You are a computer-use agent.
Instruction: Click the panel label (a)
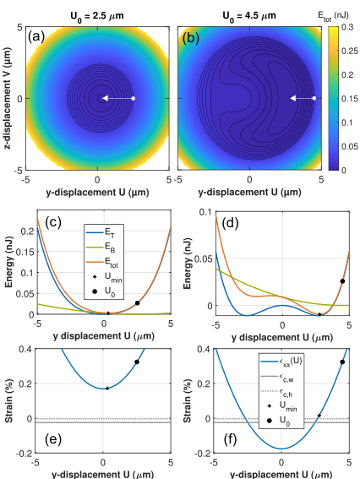36,37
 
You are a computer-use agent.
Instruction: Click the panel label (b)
191,39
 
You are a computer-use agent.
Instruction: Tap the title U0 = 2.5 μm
97,16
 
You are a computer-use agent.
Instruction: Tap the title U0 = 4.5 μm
249,16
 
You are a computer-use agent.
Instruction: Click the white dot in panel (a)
133,98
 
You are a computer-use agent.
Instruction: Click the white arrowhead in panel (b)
292,98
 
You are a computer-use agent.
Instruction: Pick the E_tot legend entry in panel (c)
102,262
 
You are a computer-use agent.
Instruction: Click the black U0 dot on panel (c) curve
137,303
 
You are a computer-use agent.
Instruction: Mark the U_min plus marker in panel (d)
319,314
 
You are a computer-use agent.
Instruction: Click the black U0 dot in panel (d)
342,281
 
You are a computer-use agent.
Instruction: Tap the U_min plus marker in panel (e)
107,389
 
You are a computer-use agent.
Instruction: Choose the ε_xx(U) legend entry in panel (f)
281,362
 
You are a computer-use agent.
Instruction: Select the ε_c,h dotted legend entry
276,392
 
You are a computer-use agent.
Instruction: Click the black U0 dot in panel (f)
342,362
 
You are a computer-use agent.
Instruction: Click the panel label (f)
230,439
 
